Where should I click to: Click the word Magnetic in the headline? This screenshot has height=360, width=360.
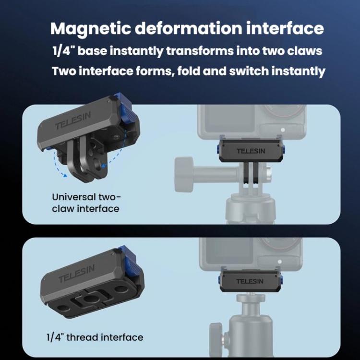(x=90, y=29)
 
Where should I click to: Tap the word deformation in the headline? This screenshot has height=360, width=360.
(x=188, y=28)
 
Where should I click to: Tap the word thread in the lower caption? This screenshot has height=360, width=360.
(x=82, y=337)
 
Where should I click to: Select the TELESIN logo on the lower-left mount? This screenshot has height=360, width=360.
(x=76, y=274)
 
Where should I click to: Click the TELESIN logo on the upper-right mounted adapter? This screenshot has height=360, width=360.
(x=251, y=151)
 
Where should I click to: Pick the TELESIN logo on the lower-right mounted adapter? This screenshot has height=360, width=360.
(x=250, y=281)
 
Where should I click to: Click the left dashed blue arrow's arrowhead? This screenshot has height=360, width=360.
(x=65, y=175)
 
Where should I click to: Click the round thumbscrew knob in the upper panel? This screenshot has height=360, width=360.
(x=184, y=174)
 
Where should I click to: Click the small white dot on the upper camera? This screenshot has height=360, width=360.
(x=283, y=130)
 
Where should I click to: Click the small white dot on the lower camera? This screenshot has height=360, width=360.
(x=280, y=262)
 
